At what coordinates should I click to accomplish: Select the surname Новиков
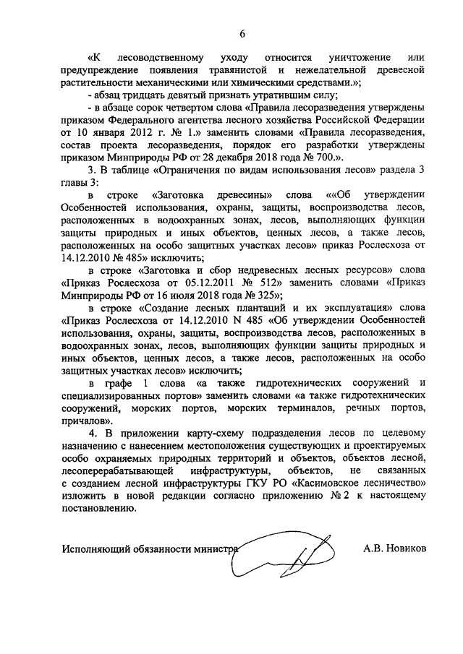coord(408,548)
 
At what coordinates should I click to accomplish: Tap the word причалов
coord(85,419)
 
